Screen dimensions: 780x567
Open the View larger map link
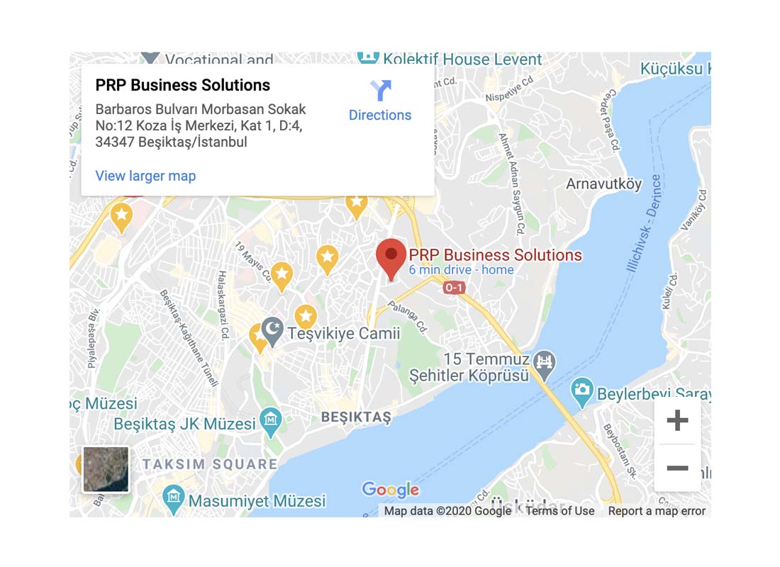click(x=145, y=176)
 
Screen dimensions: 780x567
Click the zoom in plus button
click(x=677, y=421)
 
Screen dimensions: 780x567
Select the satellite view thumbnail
click(x=106, y=469)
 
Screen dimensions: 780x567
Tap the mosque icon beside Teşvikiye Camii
click(x=272, y=330)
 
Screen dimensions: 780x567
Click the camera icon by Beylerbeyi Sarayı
click(x=582, y=389)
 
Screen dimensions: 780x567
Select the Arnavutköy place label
click(x=603, y=184)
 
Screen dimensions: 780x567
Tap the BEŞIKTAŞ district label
click(x=356, y=417)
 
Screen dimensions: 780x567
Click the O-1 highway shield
click(x=454, y=287)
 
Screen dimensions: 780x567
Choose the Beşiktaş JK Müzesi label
click(x=184, y=425)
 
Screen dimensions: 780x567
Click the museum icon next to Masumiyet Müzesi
click(x=173, y=498)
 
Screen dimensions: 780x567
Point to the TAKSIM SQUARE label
click(x=210, y=465)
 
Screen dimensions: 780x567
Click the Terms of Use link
click(x=559, y=511)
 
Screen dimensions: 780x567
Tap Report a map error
click(x=657, y=511)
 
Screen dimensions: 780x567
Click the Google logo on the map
click(x=391, y=489)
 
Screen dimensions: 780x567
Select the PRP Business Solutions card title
click(x=183, y=86)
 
